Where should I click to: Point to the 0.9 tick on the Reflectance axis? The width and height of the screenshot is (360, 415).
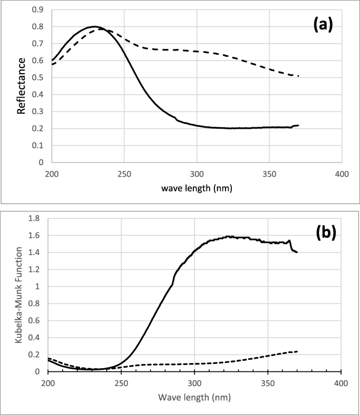(x=39, y=9)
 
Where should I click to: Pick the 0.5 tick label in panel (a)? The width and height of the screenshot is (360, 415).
(x=39, y=77)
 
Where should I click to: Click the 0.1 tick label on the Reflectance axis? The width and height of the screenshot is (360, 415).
(x=39, y=145)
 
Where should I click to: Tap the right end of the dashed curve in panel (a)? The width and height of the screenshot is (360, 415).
(x=298, y=76)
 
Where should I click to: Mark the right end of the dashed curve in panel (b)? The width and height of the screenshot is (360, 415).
(x=297, y=351)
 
